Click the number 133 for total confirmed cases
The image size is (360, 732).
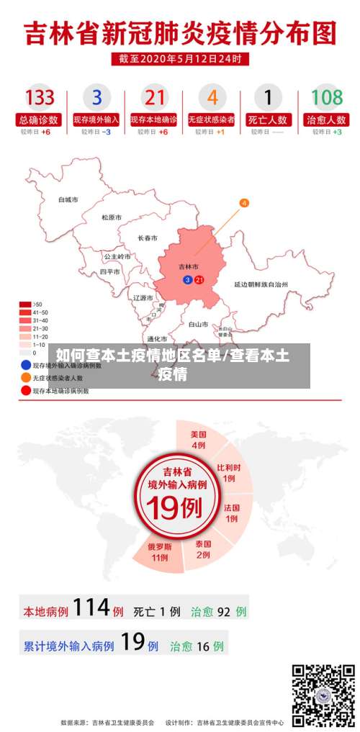(x=40, y=97)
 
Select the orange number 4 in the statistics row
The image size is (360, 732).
(x=212, y=97)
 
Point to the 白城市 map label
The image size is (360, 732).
(x=68, y=199)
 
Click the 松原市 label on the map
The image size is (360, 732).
(x=111, y=217)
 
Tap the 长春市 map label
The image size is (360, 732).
(x=148, y=238)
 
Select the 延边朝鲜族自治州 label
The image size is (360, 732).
(x=261, y=284)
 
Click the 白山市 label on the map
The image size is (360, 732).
(x=198, y=325)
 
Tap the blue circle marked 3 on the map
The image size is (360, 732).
(x=188, y=279)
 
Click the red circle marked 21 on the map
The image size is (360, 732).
(x=199, y=279)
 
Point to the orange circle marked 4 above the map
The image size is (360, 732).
(x=244, y=203)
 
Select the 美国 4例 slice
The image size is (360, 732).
(x=199, y=440)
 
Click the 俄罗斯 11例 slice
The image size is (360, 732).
(x=159, y=551)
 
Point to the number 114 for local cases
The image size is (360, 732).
(x=91, y=609)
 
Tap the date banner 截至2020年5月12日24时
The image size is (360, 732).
(x=180, y=59)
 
